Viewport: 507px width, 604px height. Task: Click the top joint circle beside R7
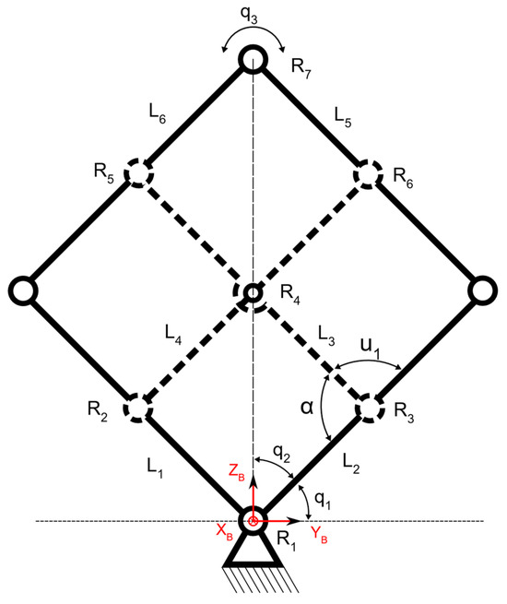pos(253,49)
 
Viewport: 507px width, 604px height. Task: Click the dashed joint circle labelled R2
pos(128,409)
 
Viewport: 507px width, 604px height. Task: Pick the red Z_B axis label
pos(236,473)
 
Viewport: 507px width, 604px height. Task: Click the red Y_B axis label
pos(319,535)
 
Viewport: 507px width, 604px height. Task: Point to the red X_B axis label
pos(224,532)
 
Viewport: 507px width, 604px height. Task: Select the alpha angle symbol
pos(307,407)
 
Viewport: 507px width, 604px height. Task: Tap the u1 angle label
pos(370,348)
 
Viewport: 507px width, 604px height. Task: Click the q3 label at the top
pos(249,15)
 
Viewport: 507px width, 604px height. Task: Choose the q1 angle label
pos(323,500)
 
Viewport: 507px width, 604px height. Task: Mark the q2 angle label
pos(281,454)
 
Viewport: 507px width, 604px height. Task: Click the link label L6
pos(158,113)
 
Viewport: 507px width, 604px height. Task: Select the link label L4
pos(173,333)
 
